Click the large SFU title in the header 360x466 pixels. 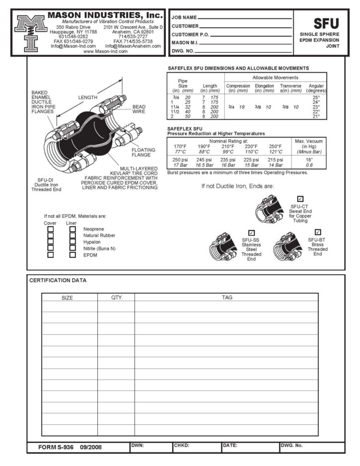coord(326,23)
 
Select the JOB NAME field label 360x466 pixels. coord(184,18)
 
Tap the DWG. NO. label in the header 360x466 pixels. coord(183,51)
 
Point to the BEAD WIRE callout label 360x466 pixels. coord(139,109)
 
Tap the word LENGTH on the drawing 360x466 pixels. coord(88,97)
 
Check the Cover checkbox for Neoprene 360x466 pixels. coord(50,229)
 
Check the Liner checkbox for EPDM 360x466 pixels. coord(72,255)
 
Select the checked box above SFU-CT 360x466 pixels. coord(300,199)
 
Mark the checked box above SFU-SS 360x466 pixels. coord(251,233)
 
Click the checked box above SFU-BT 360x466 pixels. coord(318,233)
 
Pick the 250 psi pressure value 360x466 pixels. coord(180,159)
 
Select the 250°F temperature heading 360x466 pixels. coord(276,146)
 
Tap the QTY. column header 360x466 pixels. coord(116,298)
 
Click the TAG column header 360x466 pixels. coord(227,298)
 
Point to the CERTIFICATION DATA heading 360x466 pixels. coord(58,280)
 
